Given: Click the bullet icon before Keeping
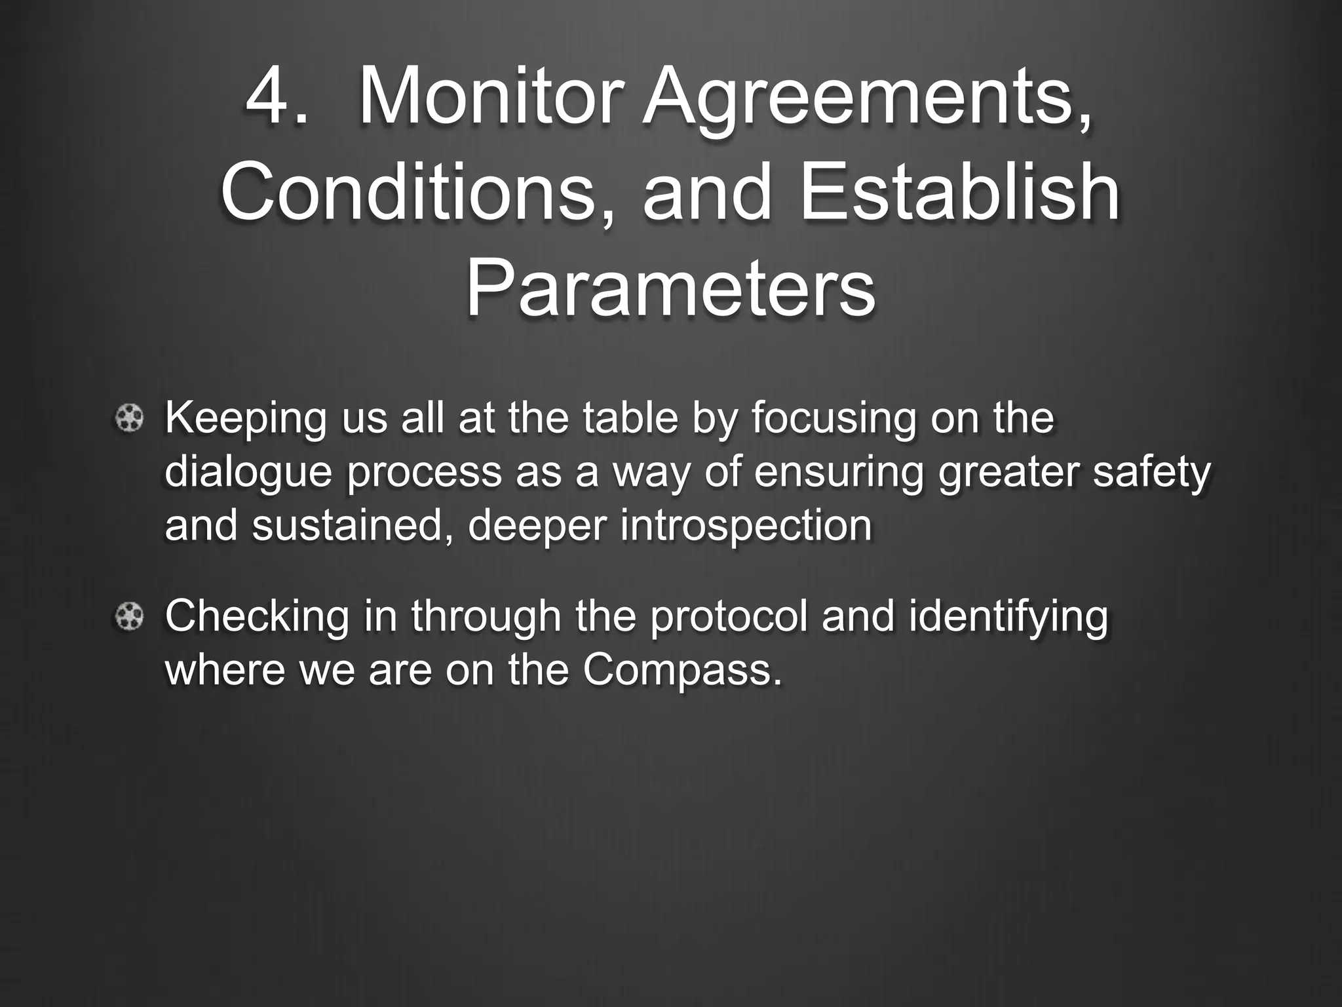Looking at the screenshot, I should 130,418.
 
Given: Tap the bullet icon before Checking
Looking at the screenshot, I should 130,616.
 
